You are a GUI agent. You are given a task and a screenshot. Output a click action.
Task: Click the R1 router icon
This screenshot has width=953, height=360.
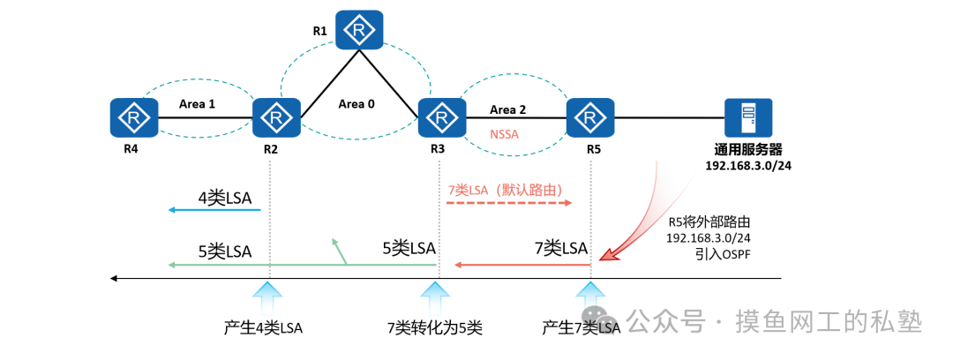click(359, 29)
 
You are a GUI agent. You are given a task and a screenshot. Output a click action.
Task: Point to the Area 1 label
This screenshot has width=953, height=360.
click(198, 103)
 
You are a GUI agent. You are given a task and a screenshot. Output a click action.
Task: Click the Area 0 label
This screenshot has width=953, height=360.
click(356, 103)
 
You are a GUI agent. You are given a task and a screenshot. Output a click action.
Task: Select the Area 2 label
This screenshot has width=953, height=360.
click(507, 109)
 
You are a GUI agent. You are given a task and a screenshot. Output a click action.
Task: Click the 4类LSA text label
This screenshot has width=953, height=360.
click(225, 199)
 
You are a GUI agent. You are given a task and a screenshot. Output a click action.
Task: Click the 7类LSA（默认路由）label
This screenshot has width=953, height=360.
click(505, 190)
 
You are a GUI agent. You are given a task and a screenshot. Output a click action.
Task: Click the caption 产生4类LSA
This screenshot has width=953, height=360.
click(263, 328)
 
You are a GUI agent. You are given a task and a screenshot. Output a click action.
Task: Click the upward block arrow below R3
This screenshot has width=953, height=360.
click(437, 295)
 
